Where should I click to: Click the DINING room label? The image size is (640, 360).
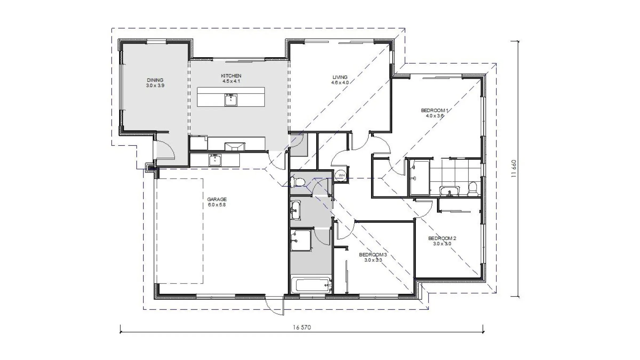(x=155, y=80)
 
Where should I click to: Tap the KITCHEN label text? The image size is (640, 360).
(x=231, y=76)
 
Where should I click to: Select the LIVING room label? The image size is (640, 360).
(x=340, y=77)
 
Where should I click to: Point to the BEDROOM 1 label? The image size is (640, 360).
(x=435, y=110)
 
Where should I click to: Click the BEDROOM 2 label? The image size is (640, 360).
(x=442, y=238)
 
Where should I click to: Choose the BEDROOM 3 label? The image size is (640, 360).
(x=373, y=255)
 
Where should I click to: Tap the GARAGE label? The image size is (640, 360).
(x=217, y=199)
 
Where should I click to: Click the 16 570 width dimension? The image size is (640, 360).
(x=302, y=327)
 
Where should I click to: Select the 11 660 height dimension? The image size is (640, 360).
(x=514, y=169)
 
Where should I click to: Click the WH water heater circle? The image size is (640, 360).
(x=342, y=175)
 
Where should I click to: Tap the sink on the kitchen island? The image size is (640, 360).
(x=231, y=100)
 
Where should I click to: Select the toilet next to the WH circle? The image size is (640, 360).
(x=298, y=182)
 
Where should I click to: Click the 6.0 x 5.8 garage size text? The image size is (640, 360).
(x=217, y=205)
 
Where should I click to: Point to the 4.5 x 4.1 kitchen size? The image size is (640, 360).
(x=231, y=81)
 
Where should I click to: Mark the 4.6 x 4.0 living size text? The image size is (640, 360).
(x=340, y=83)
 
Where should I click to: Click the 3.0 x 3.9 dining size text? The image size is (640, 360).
(x=155, y=86)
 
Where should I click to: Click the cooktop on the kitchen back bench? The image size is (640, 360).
(x=235, y=147)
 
